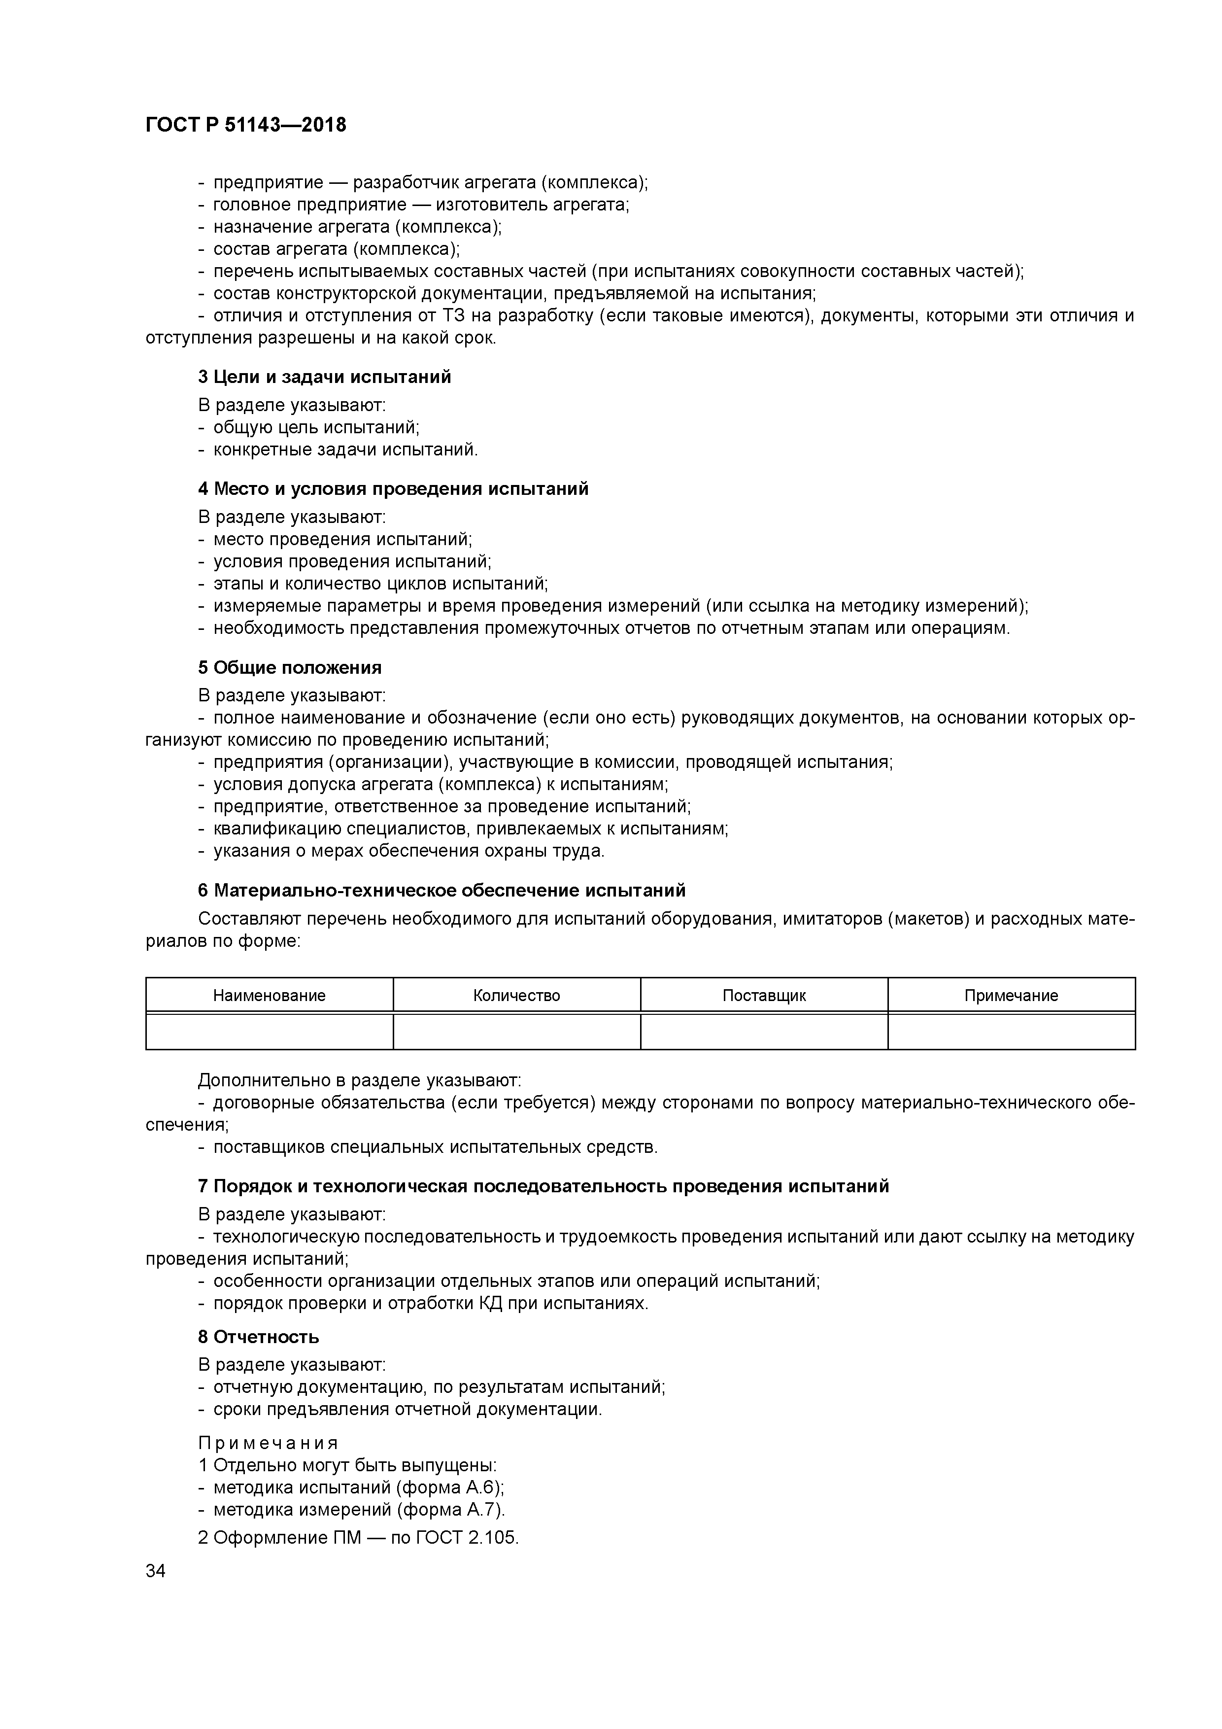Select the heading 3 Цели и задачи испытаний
tap(325, 377)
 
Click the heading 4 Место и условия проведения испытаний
tap(393, 489)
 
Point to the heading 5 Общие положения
tap(290, 667)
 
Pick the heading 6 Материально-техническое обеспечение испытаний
tap(442, 890)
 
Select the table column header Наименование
tap(269, 996)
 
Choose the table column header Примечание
tap(1011, 996)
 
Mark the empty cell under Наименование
tap(269, 1031)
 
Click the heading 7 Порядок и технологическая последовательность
tap(543, 1186)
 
